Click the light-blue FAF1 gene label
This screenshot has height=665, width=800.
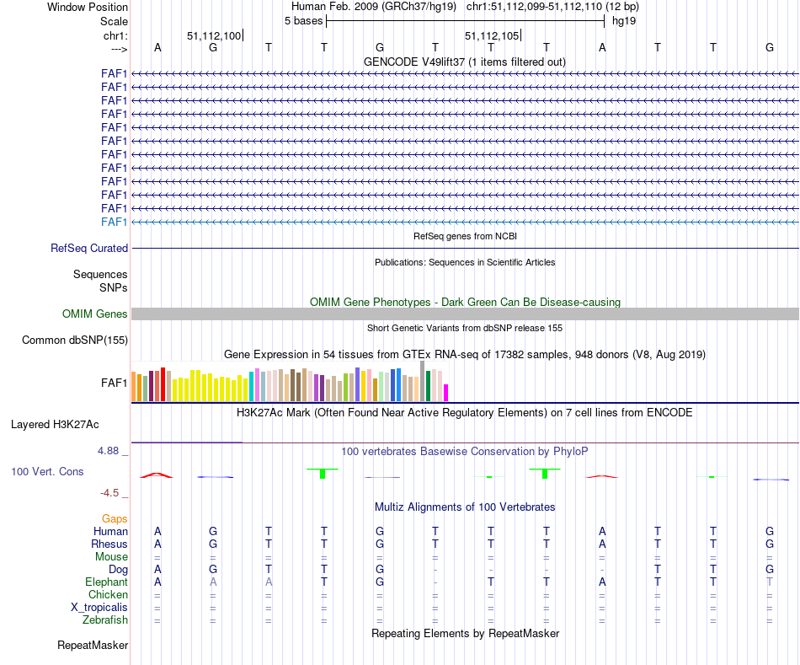tap(114, 222)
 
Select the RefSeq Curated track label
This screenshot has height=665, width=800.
tap(89, 249)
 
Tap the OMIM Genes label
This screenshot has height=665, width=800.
tap(95, 314)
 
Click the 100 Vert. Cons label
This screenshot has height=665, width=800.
tap(48, 472)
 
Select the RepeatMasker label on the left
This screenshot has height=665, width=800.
tap(93, 646)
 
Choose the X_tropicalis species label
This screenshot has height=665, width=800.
tap(99, 608)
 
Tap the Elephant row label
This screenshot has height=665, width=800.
tap(106, 582)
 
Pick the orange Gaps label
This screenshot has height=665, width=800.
tap(115, 519)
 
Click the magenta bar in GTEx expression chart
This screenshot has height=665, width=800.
tap(446, 393)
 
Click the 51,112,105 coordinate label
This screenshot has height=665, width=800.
tap(492, 35)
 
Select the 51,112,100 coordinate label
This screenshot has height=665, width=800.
tap(214, 35)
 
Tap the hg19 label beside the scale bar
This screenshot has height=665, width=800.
tap(624, 20)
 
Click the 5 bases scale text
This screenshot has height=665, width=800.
tap(303, 20)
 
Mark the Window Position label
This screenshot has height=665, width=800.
tap(88, 7)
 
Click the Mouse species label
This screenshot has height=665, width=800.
tap(111, 557)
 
